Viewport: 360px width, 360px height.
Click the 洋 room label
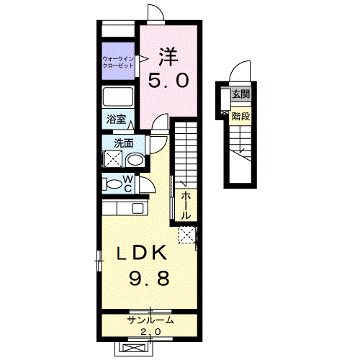[x=168, y=54]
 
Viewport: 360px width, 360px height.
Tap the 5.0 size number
[x=168, y=80]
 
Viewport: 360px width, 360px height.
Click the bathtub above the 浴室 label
[x=118, y=97]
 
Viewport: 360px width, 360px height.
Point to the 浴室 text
[x=116, y=120]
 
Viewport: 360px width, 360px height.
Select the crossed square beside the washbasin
[x=114, y=160]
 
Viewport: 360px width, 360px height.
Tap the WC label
[x=127, y=184]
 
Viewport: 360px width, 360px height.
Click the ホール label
[x=186, y=205]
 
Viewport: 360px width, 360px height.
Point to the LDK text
[x=143, y=253]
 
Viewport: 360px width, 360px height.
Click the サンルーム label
[x=151, y=320]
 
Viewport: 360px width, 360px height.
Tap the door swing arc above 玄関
[x=239, y=74]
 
